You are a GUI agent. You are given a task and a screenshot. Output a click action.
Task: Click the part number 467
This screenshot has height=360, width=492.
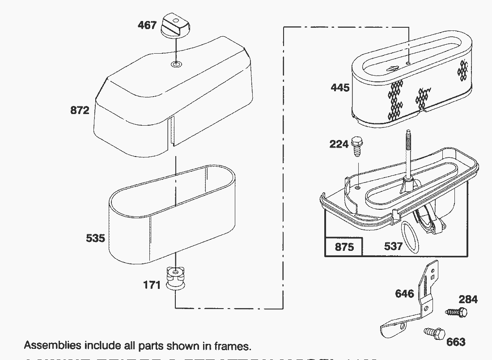148,25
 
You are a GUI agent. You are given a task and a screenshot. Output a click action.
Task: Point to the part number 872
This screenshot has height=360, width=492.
80,110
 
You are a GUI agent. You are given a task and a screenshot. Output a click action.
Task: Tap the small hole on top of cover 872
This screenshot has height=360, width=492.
177,65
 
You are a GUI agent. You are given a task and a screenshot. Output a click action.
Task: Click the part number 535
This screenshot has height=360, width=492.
95,238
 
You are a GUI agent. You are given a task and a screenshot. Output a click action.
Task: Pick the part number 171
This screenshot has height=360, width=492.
152,284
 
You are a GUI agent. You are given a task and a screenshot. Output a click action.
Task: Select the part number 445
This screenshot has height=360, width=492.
340,87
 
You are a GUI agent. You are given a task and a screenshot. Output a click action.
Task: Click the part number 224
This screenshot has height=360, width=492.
339,144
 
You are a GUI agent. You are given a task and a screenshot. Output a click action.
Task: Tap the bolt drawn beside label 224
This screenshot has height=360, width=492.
357,146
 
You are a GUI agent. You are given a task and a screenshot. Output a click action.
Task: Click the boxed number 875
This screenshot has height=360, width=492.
344,246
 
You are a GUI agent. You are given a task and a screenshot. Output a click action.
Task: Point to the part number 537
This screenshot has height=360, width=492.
393,246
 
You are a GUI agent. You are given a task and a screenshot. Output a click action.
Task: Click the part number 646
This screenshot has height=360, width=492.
404,293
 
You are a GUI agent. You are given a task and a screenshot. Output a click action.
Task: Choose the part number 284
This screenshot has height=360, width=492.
468,299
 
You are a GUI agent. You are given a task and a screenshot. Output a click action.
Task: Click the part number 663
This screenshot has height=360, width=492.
456,342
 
